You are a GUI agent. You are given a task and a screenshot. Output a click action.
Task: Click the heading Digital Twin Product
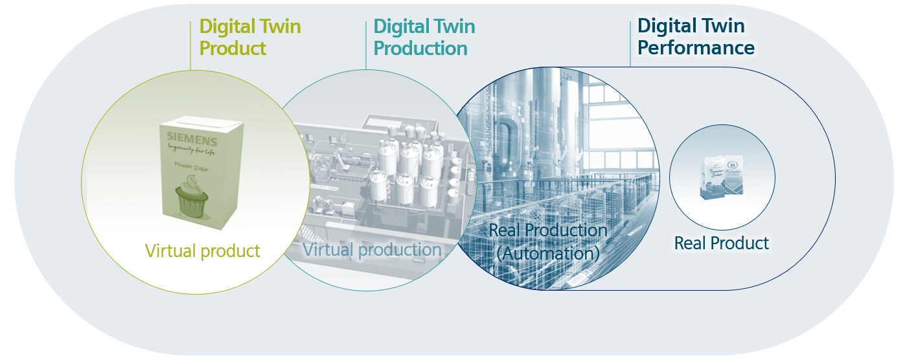(249, 37)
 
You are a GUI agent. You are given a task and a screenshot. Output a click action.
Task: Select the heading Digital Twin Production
(424, 37)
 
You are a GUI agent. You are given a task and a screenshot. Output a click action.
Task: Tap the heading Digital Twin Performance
(696, 37)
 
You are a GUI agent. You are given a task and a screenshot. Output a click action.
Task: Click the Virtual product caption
(202, 251)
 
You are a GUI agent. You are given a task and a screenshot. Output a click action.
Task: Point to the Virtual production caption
(372, 249)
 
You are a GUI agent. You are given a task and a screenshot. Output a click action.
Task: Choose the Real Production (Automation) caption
(547, 242)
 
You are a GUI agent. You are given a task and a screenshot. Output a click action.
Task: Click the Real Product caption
(721, 243)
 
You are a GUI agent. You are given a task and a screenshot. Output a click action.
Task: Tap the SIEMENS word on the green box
(192, 139)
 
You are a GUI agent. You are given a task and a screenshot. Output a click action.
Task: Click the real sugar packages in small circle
(721, 176)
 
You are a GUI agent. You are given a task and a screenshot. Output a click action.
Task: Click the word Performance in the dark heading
(696, 48)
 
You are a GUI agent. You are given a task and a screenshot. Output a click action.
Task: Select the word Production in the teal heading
(420, 48)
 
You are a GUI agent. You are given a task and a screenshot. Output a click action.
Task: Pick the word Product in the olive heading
(233, 48)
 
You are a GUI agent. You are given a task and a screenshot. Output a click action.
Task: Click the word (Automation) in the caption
(547, 253)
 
